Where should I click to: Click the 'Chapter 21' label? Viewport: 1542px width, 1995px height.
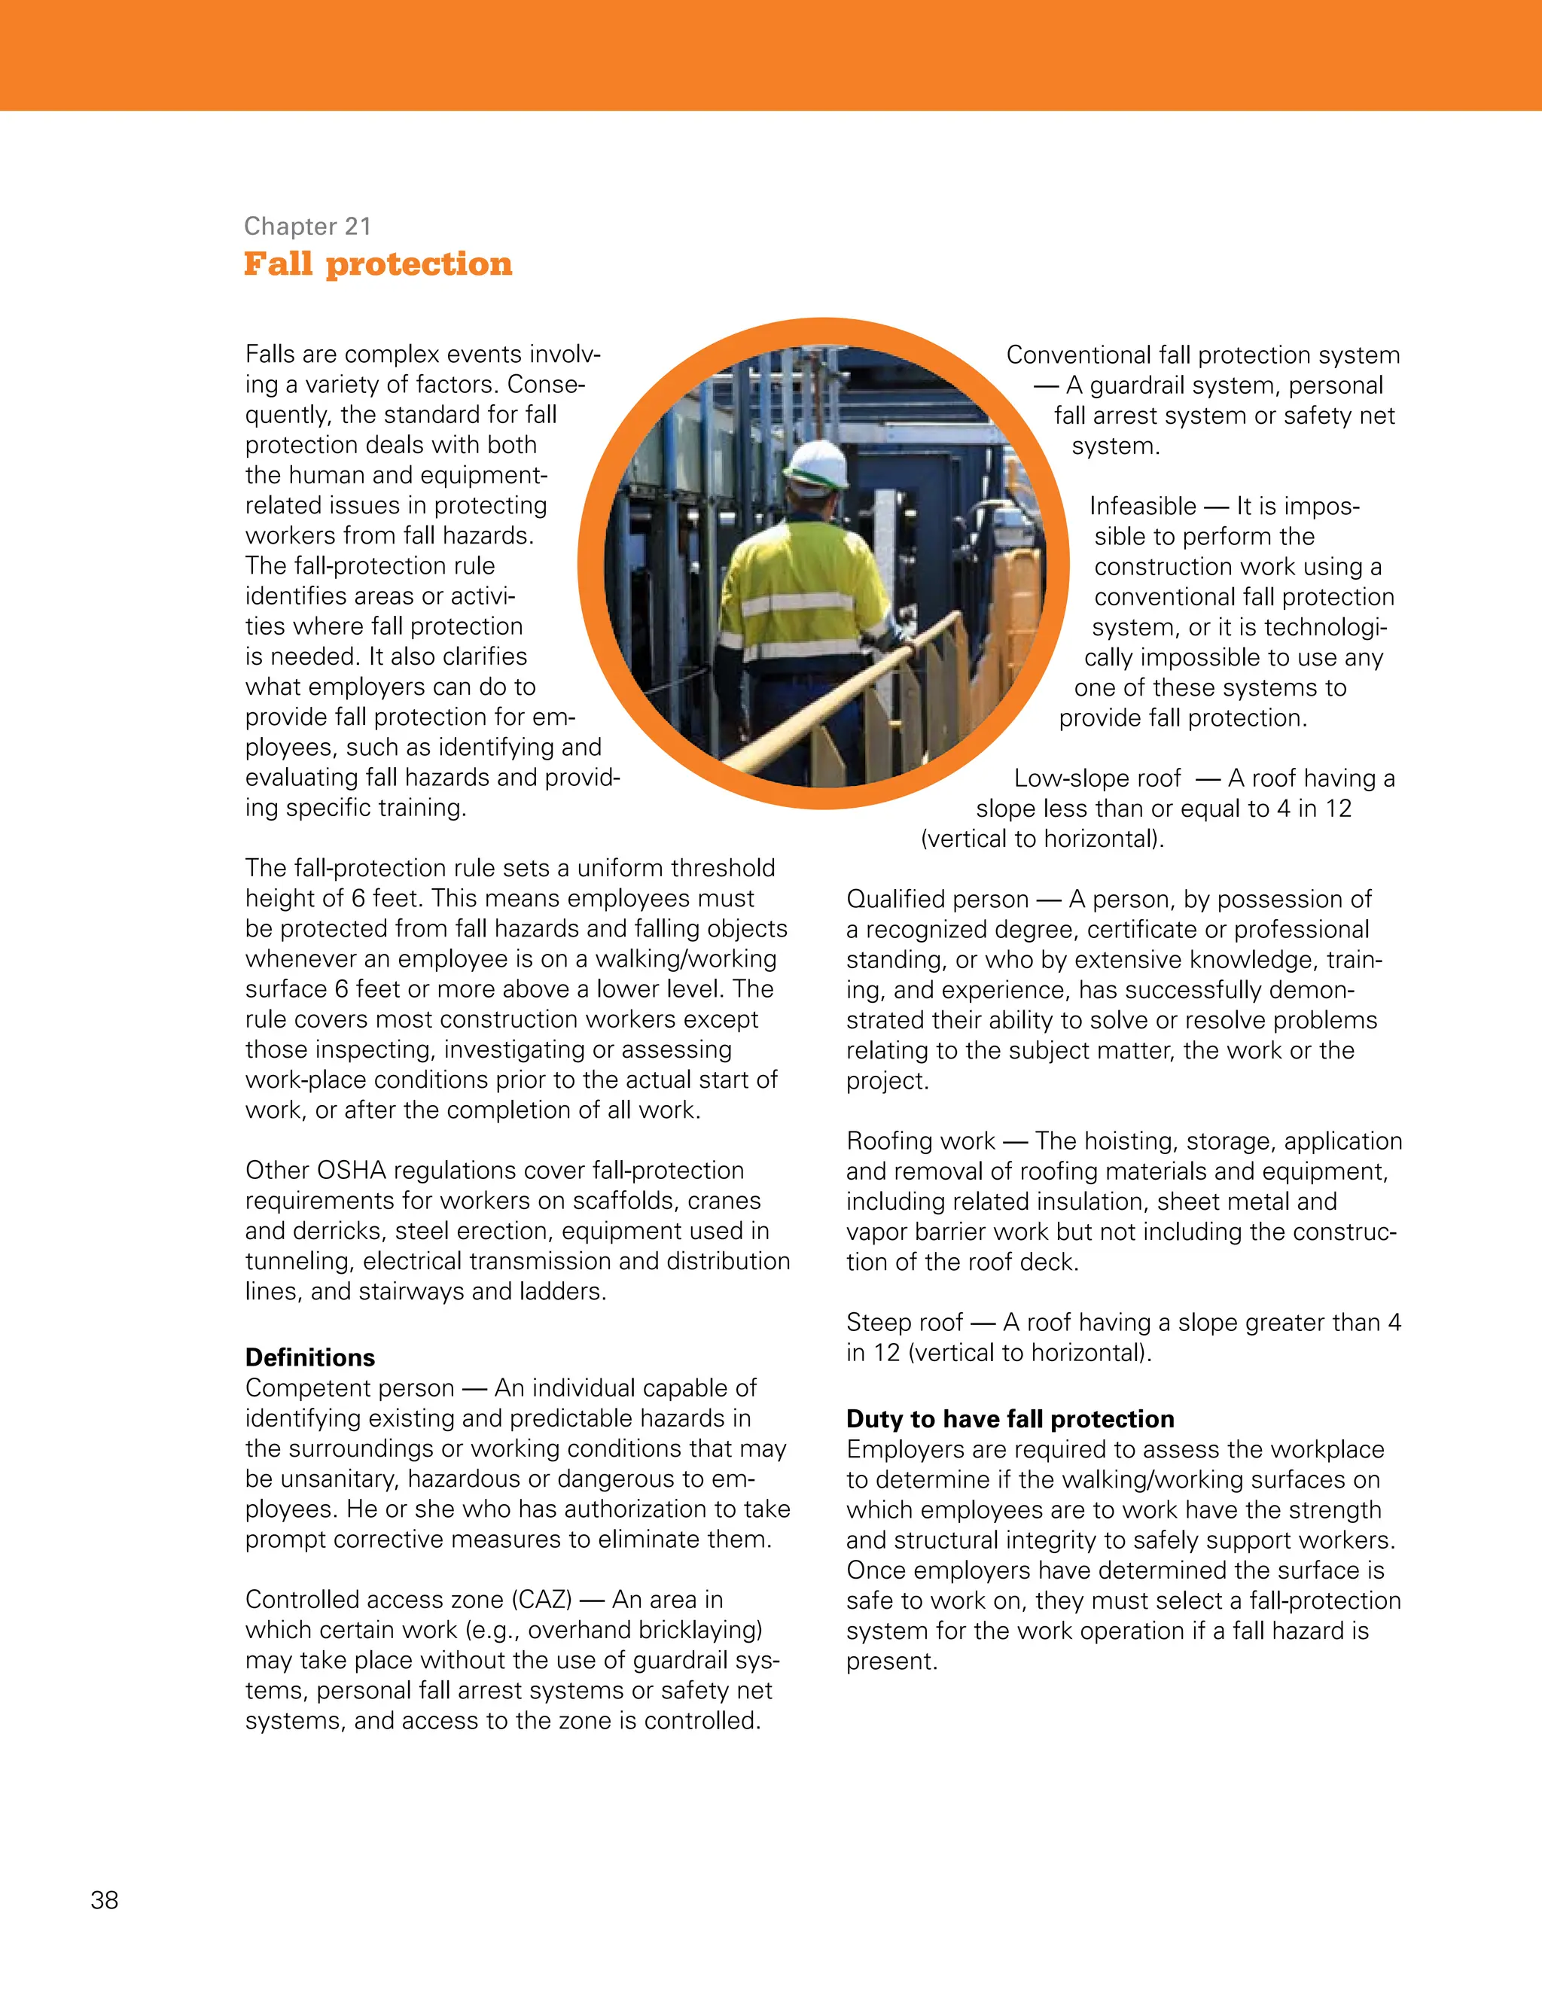[x=307, y=226]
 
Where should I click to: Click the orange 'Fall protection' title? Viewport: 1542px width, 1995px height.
[x=377, y=264]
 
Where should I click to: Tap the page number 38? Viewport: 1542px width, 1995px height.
[x=104, y=1900]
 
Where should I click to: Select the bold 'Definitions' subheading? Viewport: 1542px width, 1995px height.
[x=309, y=1357]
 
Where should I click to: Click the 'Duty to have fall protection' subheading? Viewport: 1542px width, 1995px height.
[x=1010, y=1418]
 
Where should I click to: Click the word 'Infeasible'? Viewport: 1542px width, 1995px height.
[x=1142, y=506]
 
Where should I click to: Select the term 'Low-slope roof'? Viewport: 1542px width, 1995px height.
[x=1097, y=778]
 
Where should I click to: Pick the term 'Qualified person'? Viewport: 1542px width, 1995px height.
[x=937, y=899]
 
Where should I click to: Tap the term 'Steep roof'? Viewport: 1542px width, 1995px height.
[x=904, y=1322]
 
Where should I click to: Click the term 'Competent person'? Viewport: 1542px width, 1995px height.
[x=349, y=1387]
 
